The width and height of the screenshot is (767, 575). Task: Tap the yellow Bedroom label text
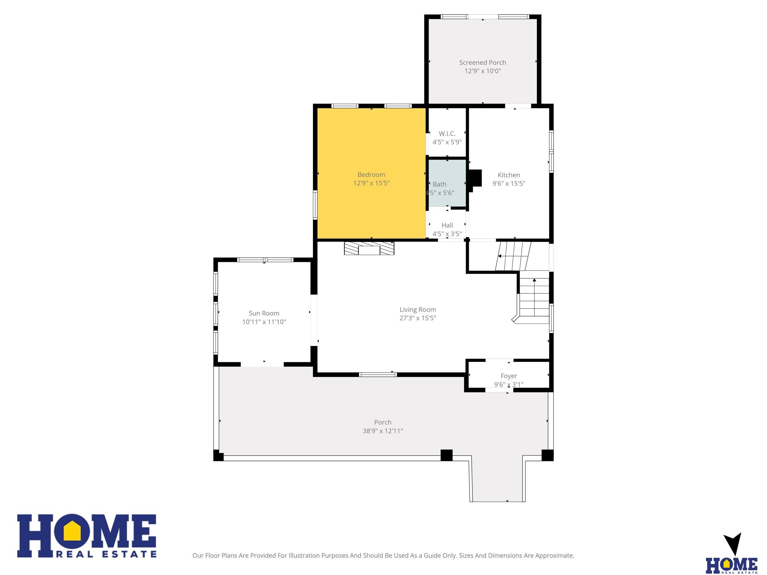[x=371, y=175]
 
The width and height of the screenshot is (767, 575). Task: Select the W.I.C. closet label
[x=447, y=133]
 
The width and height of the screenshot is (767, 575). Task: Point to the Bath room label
[x=439, y=184]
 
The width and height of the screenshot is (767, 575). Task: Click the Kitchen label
[x=509, y=175]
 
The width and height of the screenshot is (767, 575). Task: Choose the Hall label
[x=447, y=225]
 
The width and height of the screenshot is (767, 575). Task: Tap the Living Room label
[x=418, y=309]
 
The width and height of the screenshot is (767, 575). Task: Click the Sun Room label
[x=264, y=313]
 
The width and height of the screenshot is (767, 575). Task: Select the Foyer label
[x=509, y=376]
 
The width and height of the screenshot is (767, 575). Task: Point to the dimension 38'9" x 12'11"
[x=383, y=431]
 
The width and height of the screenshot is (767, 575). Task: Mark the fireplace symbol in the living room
[x=369, y=248]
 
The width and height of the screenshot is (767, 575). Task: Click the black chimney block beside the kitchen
[x=475, y=178]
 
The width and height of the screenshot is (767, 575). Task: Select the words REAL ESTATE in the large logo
[x=106, y=554]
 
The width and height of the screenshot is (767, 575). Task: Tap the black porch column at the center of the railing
[x=446, y=455]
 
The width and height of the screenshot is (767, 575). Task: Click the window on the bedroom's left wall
[x=315, y=205]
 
